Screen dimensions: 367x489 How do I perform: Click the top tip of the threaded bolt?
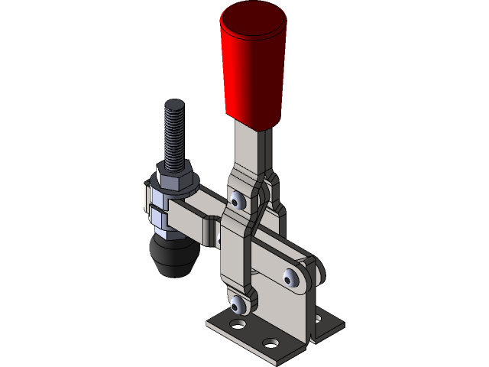point(173,104)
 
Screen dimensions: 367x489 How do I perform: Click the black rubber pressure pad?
point(173,256)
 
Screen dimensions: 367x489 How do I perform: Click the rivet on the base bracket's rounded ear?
point(291,277)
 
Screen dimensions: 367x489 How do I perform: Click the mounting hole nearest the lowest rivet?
point(238,325)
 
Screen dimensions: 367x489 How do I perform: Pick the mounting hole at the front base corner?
point(269,341)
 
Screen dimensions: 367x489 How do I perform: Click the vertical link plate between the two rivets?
point(234,252)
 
